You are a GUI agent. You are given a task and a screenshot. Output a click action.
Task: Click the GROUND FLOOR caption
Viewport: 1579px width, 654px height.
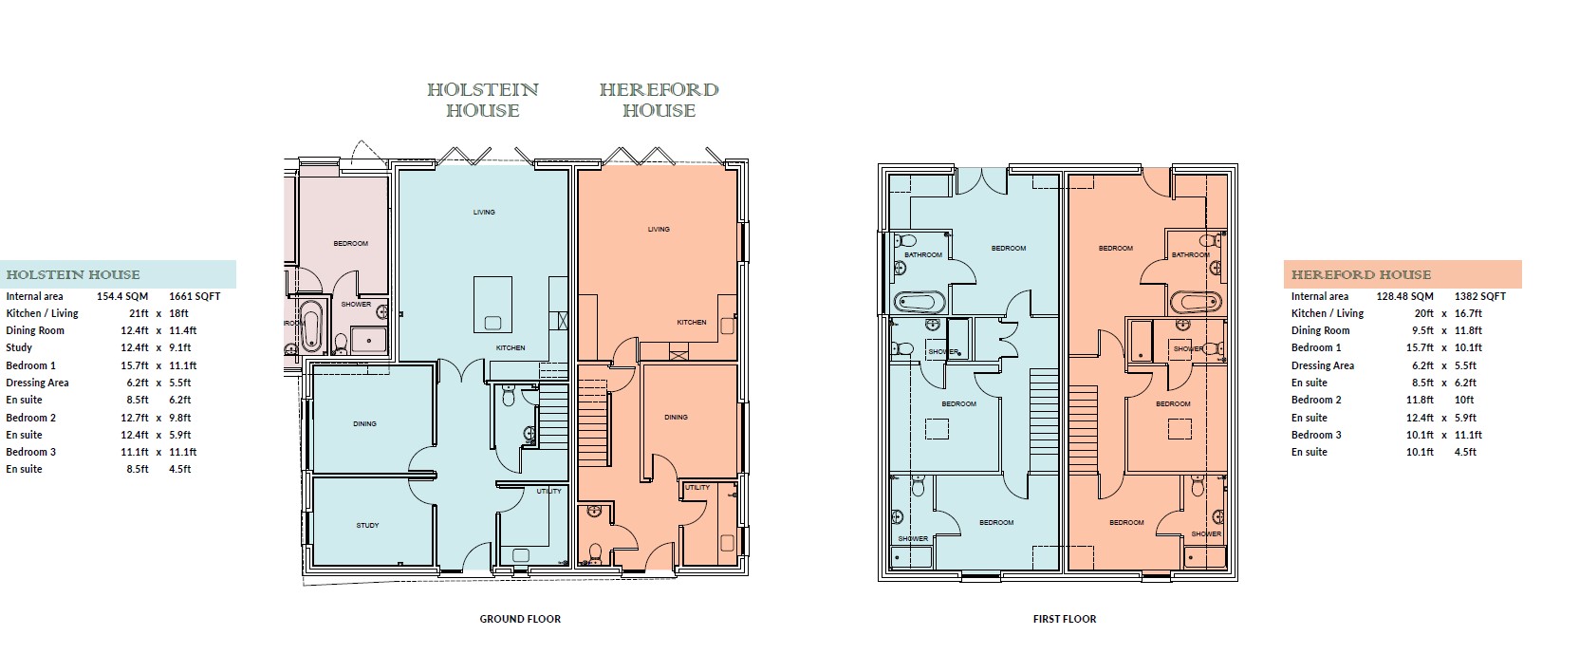[x=520, y=619]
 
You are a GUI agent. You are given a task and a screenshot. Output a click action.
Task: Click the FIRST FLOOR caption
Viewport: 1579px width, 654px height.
[x=1065, y=619]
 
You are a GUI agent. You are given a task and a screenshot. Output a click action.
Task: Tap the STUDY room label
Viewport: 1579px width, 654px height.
[x=367, y=525]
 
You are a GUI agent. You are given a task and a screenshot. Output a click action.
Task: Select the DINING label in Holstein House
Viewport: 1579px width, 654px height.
[x=364, y=423]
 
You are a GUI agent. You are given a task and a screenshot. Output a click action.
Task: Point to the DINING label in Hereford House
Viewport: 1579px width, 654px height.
[x=676, y=418]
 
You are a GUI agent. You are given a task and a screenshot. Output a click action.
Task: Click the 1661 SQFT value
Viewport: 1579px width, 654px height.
[x=195, y=297]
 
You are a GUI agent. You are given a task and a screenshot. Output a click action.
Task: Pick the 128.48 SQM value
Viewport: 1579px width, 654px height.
[x=1405, y=297]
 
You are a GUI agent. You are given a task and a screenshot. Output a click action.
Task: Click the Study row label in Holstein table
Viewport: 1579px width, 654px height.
[x=19, y=347]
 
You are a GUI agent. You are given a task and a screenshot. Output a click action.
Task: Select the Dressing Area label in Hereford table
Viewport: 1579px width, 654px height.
[x=1323, y=365]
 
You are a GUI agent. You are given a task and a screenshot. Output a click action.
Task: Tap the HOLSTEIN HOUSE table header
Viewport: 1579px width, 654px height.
[x=73, y=275]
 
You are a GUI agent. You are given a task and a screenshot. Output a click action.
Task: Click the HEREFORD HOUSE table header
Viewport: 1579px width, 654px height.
[x=1361, y=275]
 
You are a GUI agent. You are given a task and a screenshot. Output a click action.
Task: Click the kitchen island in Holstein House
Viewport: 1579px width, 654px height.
[x=492, y=305]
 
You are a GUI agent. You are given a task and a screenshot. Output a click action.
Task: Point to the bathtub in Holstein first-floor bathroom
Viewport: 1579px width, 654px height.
[x=920, y=303]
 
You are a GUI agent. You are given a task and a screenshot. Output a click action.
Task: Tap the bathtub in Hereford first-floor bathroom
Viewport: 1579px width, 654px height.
[x=1196, y=303]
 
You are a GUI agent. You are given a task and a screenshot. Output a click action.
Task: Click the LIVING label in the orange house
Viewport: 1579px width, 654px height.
[x=659, y=229]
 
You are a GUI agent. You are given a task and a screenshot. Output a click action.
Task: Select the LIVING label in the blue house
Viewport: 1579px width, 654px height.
[x=484, y=212]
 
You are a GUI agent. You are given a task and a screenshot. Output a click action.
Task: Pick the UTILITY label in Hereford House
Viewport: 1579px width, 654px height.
[x=697, y=488]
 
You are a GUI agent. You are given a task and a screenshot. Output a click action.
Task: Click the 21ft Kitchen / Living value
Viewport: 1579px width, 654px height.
[x=139, y=313]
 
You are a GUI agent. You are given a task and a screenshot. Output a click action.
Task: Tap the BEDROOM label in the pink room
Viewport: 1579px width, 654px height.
[x=350, y=244]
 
